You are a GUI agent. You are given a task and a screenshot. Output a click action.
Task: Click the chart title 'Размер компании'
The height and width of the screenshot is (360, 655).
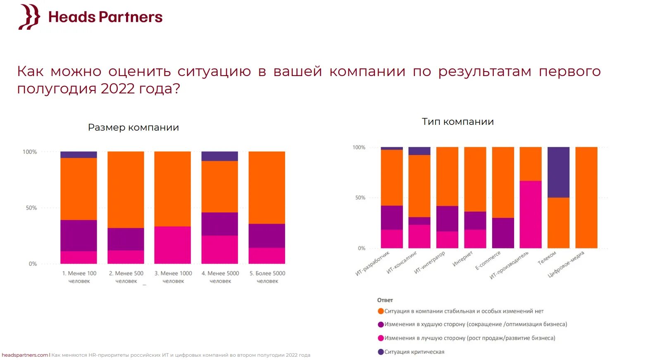point(133,128)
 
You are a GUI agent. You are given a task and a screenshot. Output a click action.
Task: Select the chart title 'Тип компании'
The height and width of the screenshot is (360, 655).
point(457,122)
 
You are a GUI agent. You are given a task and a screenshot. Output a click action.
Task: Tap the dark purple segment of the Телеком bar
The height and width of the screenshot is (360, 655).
point(558,172)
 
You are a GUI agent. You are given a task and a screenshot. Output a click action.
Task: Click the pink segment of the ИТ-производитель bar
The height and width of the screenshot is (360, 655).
point(531,215)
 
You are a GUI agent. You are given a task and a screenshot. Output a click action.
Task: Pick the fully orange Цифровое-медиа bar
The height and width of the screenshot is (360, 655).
point(586,198)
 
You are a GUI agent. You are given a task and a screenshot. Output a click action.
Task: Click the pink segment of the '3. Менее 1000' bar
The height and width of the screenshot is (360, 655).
point(173,245)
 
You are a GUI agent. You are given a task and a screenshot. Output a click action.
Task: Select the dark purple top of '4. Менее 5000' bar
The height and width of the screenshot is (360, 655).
point(219,156)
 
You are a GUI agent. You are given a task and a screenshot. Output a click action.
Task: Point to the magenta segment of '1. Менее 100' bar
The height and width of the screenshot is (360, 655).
point(79,236)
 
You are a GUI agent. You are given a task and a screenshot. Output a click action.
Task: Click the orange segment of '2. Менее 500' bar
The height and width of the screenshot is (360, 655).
point(126,190)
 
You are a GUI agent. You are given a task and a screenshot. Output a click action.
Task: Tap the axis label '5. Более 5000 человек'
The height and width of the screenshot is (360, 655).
point(267,277)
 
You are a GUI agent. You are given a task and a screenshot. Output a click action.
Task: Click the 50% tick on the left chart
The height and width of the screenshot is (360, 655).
point(31,208)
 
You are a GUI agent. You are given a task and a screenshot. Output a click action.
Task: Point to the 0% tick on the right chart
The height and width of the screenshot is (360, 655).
point(362,248)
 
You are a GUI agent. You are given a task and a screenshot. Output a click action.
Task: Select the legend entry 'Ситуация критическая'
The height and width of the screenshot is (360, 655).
point(414,352)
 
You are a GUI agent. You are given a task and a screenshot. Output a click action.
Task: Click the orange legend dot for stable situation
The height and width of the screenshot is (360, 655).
point(381,311)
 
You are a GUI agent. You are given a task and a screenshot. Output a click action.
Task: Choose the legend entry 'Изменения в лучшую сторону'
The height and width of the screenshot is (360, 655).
point(469,338)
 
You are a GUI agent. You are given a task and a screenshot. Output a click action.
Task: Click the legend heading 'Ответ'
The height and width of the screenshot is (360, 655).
point(385,300)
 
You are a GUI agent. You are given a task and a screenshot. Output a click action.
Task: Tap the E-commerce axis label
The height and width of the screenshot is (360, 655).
point(488,260)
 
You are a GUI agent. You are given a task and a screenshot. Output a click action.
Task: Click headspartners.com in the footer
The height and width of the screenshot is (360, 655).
point(25,355)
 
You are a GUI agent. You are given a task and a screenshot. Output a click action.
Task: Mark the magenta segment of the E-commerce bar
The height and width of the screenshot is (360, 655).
point(503,233)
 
